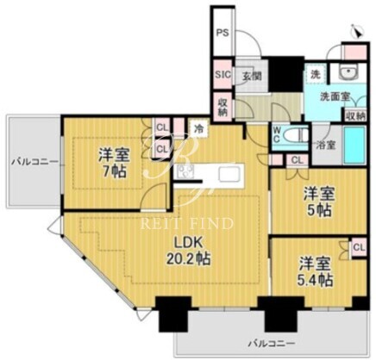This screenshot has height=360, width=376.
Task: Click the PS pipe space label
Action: point(222,33)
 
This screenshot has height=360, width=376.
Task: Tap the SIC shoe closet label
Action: point(223,74)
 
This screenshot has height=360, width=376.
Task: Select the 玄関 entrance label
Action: point(252,77)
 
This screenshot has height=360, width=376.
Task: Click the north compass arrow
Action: point(357,31)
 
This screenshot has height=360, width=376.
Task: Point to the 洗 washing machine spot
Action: point(316,74)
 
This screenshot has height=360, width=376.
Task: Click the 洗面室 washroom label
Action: point(335,96)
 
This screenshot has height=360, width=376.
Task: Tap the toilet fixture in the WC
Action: point(295,135)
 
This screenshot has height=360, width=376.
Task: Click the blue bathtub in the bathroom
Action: point(354,145)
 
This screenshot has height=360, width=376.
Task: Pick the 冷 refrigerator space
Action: point(198,128)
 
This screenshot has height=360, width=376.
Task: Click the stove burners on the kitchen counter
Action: point(185,171)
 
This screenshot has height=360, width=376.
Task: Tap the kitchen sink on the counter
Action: point(229,174)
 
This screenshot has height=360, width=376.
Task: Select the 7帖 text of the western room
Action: point(114,171)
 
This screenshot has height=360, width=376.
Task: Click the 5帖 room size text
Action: point(319,211)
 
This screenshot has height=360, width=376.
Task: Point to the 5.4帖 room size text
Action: point(316,280)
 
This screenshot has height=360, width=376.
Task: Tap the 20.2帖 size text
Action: point(189,259)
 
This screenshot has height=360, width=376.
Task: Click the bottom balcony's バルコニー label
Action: point(272,343)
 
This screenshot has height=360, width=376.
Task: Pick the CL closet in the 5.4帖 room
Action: point(359,247)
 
